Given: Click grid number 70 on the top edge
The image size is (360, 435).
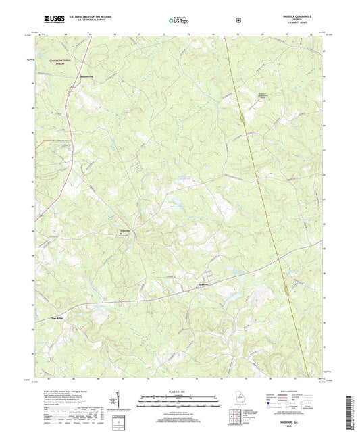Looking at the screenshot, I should [115, 32].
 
